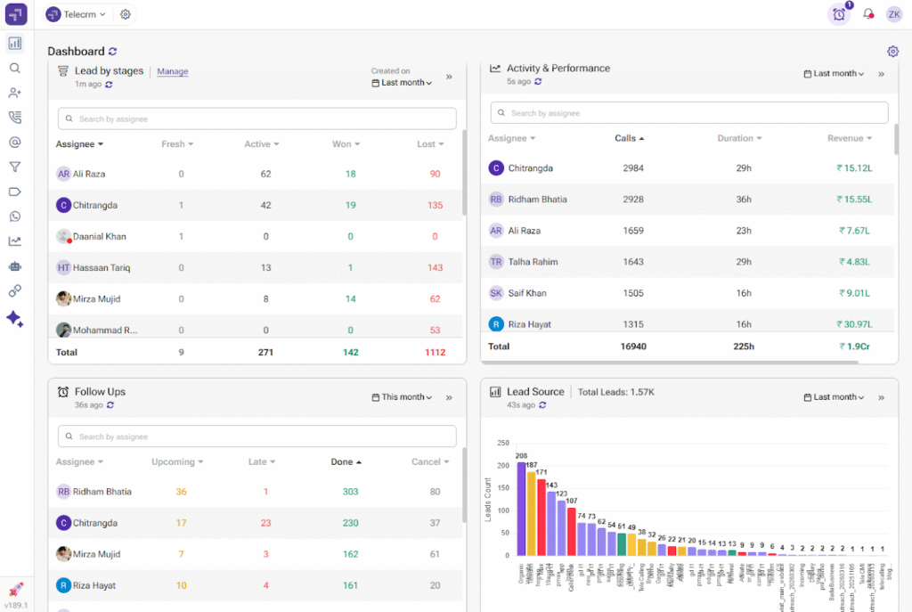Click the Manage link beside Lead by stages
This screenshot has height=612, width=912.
(x=173, y=71)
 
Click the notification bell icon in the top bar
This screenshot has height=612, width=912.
(x=868, y=14)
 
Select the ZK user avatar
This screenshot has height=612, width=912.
(x=893, y=14)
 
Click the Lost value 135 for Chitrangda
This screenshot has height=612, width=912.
(x=435, y=206)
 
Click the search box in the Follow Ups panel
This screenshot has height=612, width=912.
(x=257, y=437)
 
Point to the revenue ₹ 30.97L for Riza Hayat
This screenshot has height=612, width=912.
(x=852, y=324)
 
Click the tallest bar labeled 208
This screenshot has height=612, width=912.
(x=521, y=508)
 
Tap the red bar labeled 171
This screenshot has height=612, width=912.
(x=541, y=517)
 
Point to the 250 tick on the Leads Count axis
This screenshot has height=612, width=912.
(x=503, y=443)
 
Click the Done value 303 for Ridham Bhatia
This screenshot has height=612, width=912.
(x=350, y=492)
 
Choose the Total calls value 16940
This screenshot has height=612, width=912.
(x=632, y=347)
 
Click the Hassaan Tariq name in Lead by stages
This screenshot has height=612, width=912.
(x=102, y=268)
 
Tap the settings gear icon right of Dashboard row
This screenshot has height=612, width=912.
(x=893, y=52)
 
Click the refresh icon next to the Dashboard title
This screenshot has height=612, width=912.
(x=112, y=52)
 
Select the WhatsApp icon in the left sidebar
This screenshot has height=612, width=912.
(x=15, y=216)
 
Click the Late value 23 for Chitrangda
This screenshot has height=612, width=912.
(x=265, y=523)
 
